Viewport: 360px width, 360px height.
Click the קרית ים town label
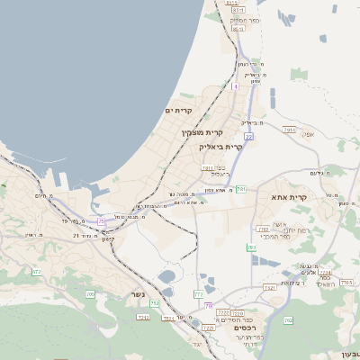[179, 110]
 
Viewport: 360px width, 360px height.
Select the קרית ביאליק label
[220, 146]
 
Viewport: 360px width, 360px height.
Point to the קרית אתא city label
[289, 196]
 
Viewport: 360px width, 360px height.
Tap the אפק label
[308, 135]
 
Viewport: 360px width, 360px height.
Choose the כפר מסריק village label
[245, 19]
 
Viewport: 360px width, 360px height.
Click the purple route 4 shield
[234, 86]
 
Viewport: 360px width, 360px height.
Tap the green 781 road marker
[240, 189]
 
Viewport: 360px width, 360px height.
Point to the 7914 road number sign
[288, 130]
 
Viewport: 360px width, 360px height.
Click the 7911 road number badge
[208, 167]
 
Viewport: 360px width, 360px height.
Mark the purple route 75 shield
[101, 220]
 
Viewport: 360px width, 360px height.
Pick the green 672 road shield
[36, 272]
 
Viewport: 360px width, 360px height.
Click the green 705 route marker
[90, 294]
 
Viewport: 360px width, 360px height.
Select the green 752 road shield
[155, 304]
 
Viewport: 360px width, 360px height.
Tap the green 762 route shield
[288, 319]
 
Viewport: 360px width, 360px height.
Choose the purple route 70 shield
[208, 307]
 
